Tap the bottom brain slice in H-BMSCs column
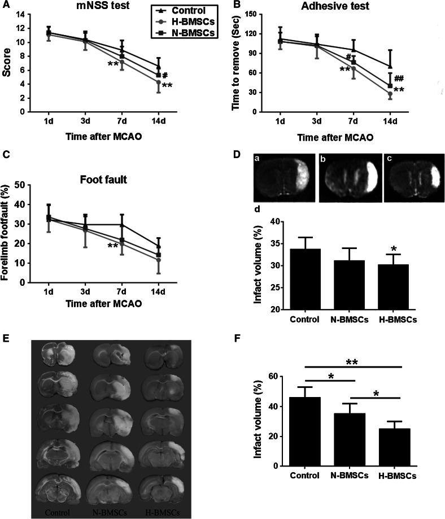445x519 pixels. click(x=165, y=486)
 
